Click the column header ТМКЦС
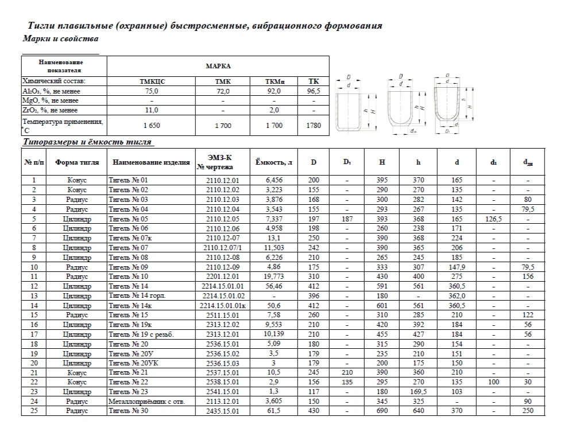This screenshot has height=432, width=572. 152,82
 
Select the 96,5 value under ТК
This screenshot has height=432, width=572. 314,91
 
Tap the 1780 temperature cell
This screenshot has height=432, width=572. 314,125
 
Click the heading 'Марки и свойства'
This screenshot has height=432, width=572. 60,39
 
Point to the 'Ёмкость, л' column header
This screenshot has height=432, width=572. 273,162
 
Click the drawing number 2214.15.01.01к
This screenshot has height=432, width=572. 223,306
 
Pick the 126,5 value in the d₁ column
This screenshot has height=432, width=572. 493,219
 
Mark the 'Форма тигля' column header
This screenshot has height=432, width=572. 77,162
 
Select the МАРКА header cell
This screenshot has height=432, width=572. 218,66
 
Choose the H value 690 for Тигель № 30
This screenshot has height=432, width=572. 382,411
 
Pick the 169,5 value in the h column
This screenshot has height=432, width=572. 418,392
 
